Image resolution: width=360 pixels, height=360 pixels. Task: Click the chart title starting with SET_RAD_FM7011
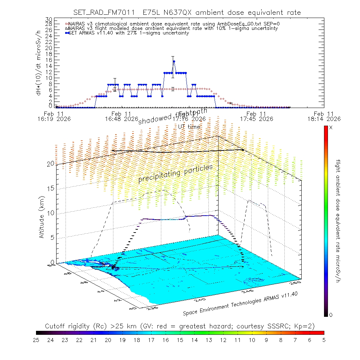click(x=187, y=13)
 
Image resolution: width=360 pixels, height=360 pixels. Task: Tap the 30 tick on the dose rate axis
click(x=50, y=19)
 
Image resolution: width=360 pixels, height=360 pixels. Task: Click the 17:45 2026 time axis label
click(x=256, y=118)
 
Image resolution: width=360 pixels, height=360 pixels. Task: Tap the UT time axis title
click(x=189, y=127)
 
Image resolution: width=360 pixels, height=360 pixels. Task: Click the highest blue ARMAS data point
click(x=174, y=61)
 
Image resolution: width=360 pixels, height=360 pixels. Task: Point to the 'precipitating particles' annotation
click(x=176, y=173)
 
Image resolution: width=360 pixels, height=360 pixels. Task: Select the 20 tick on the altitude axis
click(x=50, y=163)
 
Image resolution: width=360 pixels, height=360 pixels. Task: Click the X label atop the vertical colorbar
click(x=331, y=128)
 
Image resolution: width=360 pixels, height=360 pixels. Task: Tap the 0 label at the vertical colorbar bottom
click(x=331, y=315)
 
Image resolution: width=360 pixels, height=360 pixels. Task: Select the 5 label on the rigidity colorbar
click(x=324, y=340)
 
